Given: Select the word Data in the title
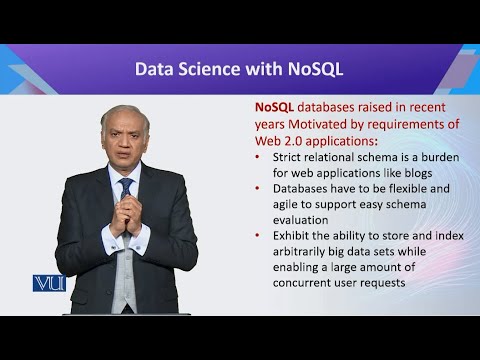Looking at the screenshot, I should tap(157, 69).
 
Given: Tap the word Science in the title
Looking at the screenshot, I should tap(222, 69).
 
